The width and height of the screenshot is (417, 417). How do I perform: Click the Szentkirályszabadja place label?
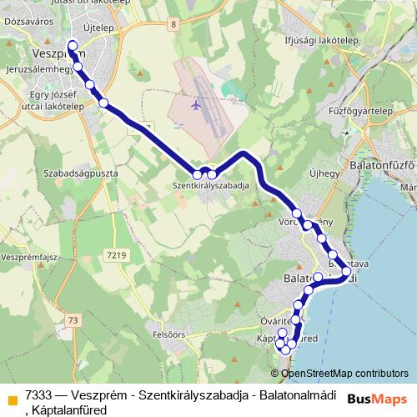(211, 186)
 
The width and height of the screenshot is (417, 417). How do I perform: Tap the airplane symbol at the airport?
(196, 106)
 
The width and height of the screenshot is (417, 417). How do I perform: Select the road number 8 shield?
(173, 24)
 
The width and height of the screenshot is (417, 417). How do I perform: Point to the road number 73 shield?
(74, 320)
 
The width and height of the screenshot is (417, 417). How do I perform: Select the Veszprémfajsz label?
(27, 258)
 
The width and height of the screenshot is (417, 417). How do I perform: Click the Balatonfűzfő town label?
(383, 165)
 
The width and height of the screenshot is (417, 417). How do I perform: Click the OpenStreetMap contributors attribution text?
(344, 374)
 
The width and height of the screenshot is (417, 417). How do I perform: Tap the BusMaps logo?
(376, 399)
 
